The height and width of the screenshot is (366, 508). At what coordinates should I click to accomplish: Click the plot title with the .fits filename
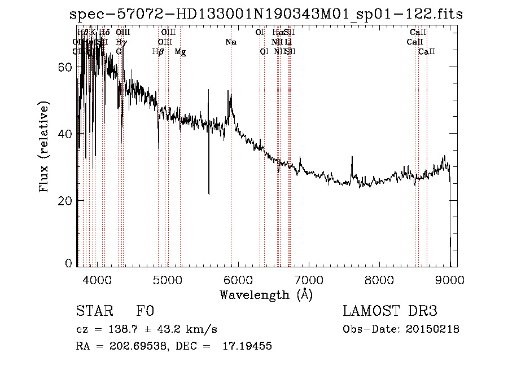click(266, 14)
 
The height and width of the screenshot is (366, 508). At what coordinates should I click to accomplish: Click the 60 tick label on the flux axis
click(65, 67)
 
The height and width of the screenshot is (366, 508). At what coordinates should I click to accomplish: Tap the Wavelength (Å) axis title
click(266, 294)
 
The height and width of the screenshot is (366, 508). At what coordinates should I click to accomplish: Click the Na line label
click(230, 42)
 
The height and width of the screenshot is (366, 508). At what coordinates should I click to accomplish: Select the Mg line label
click(180, 52)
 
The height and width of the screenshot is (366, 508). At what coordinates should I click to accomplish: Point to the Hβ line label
click(158, 52)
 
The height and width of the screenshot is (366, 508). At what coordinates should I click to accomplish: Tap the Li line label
click(288, 42)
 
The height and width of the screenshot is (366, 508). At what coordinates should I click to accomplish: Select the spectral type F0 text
click(145, 312)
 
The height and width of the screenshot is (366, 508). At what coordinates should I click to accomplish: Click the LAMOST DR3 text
click(390, 311)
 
